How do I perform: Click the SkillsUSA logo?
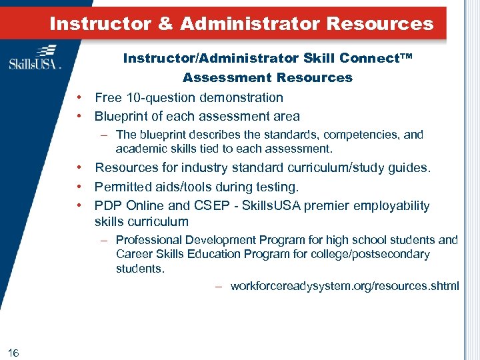[x=35, y=57]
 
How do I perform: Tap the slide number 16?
[x=14, y=352]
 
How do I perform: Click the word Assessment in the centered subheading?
[x=227, y=77]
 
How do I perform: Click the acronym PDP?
[x=107, y=205]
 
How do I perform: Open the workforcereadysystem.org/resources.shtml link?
[x=344, y=286]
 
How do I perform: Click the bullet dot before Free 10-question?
[x=79, y=97]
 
